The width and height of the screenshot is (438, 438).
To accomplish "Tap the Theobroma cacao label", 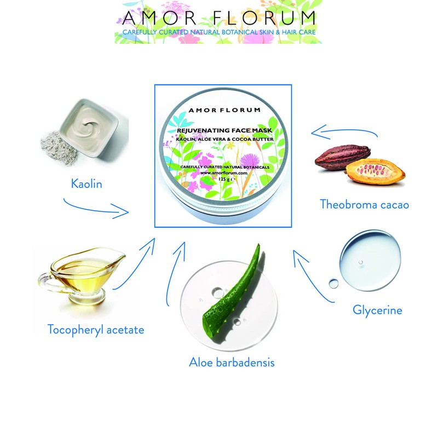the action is (x=365, y=205).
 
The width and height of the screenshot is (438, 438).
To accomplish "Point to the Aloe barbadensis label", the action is (x=231, y=362).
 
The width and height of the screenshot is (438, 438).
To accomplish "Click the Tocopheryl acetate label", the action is (x=96, y=329).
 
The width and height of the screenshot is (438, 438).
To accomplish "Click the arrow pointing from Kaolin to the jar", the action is (x=99, y=209).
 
